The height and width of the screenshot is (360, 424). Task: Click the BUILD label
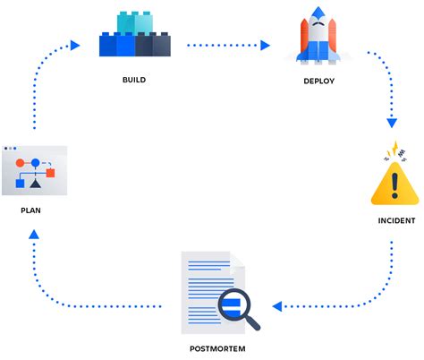click(x=133, y=80)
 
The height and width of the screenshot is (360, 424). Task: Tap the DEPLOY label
click(x=318, y=81)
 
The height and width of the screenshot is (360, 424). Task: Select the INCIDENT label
click(x=394, y=219)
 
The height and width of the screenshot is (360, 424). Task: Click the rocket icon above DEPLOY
click(x=318, y=38)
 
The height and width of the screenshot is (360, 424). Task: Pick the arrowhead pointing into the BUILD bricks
click(x=75, y=43)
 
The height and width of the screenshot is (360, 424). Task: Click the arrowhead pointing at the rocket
click(x=266, y=43)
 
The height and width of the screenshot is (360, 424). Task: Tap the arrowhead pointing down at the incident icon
click(x=391, y=124)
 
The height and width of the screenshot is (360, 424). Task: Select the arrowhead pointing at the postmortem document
click(x=276, y=306)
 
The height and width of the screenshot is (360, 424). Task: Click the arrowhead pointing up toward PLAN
click(x=33, y=235)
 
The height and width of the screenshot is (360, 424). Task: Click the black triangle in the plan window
click(x=35, y=184)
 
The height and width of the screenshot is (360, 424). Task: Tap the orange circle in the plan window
click(x=20, y=164)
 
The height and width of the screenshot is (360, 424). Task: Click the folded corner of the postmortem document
click(x=237, y=260)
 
